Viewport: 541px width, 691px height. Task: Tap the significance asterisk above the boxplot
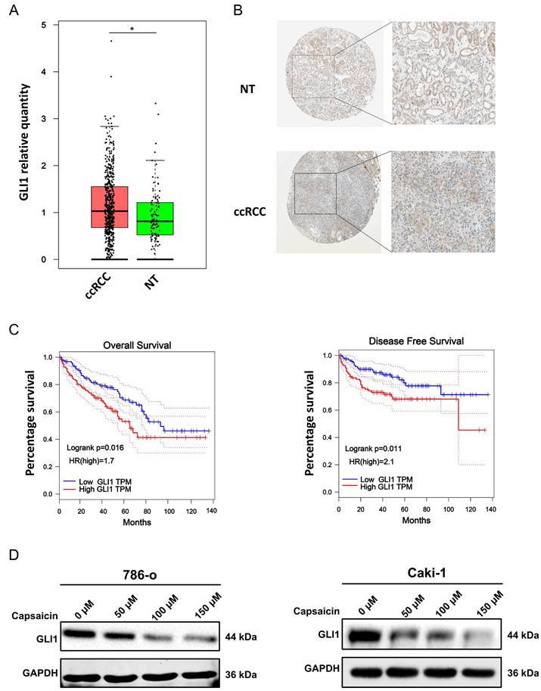(x=132, y=29)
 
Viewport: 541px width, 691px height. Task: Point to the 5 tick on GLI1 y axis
(x=45, y=25)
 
